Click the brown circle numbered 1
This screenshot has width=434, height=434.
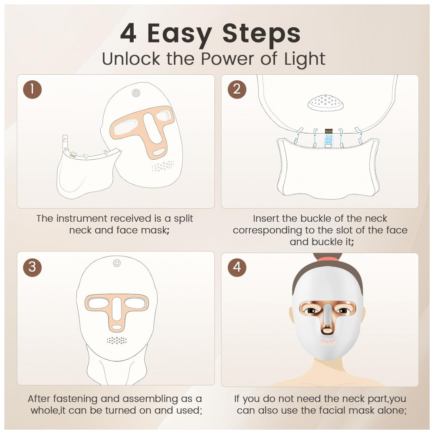(32, 90)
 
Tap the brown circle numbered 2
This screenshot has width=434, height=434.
(237, 90)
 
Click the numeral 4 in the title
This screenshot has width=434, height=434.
(128, 34)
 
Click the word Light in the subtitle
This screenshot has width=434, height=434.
(303, 59)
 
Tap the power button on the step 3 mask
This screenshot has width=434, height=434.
(117, 263)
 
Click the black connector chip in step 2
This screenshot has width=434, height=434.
(329, 130)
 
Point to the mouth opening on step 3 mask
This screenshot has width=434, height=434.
(117, 326)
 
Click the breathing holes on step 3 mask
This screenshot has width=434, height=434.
(117, 340)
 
